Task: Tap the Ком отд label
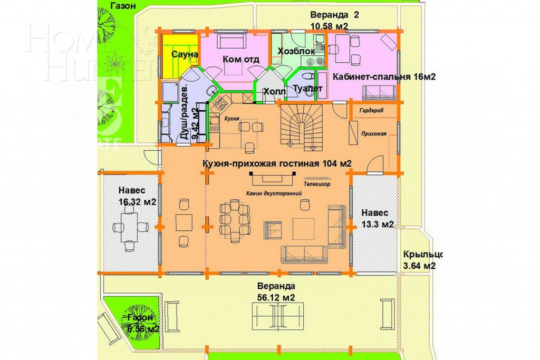(241, 59)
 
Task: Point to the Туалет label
(307, 89)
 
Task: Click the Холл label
(274, 92)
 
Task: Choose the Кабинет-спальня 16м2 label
(383, 77)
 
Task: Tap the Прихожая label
(374, 134)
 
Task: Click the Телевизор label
(317, 185)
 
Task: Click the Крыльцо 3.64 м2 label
(420, 259)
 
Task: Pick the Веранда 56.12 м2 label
(276, 291)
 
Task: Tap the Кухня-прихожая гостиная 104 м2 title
(276, 163)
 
